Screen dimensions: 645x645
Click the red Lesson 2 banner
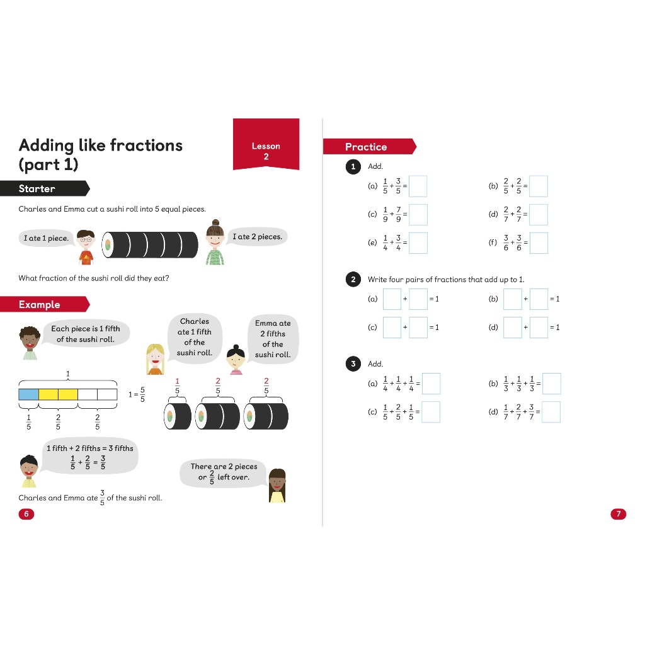tap(266, 144)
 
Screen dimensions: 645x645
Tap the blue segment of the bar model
tap(29, 394)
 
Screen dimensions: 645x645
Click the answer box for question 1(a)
tap(418, 186)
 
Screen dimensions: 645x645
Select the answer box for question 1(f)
tap(539, 243)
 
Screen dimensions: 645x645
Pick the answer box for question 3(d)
tap(551, 412)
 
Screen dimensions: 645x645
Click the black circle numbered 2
tap(353, 280)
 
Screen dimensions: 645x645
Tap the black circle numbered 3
tap(353, 364)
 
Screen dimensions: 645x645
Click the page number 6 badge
tap(26, 514)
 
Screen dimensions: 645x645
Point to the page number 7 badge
tap(619, 514)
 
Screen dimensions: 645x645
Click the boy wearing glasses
tap(86, 247)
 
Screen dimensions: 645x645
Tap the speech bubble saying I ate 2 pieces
tap(257, 237)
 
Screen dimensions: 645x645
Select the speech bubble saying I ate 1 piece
tap(47, 239)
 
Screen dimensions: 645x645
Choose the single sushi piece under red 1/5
tap(177, 416)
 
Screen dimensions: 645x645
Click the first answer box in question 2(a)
tap(392, 299)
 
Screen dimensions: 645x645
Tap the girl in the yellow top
tap(277, 486)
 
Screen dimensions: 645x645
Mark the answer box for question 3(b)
tap(552, 384)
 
